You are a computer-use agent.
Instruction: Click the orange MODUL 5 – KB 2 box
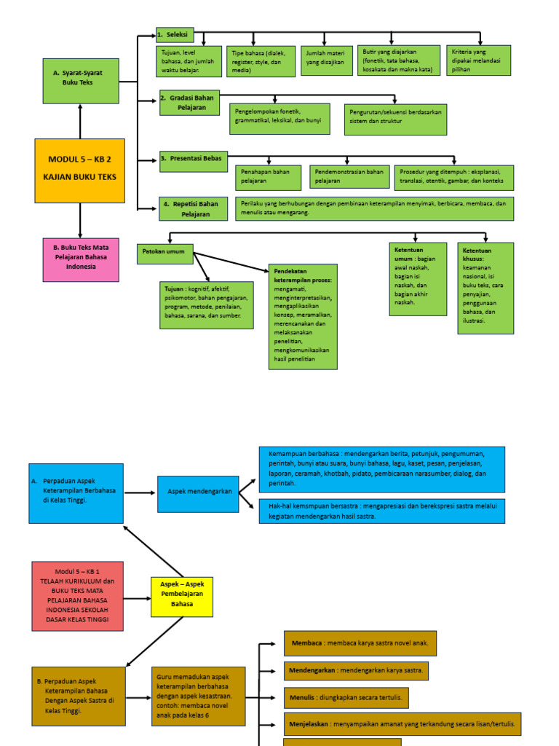[x=79, y=170]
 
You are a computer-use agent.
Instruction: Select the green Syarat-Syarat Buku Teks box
[x=80, y=81]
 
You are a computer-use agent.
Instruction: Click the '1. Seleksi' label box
[x=174, y=35]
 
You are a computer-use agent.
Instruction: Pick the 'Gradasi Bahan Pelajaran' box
[x=189, y=103]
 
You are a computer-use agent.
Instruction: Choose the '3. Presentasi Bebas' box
[x=193, y=161]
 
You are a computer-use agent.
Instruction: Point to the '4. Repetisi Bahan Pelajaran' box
[x=193, y=208]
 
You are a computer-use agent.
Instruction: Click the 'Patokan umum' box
[x=165, y=254]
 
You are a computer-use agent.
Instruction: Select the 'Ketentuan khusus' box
[x=485, y=288]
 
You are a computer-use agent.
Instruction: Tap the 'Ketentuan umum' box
[x=418, y=279]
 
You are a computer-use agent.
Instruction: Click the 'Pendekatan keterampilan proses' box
[x=303, y=317]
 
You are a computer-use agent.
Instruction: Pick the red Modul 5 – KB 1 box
[x=77, y=596]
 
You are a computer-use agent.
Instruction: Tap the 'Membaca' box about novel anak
[x=360, y=643]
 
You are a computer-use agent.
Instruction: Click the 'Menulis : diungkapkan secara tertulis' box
[x=346, y=697]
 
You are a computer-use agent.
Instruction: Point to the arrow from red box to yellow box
[x=137, y=598]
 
